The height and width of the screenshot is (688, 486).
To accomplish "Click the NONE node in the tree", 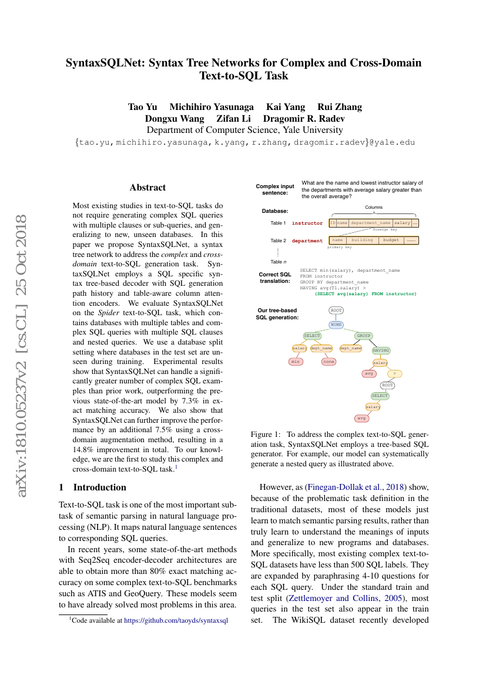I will coord(336,324).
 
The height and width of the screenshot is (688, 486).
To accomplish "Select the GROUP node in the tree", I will coord(363,336).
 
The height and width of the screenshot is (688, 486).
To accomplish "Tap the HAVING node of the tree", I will coord(381,350).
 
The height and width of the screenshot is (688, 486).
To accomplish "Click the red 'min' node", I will coord(296,362).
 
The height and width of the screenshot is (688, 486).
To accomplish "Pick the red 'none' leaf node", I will coord(329,362).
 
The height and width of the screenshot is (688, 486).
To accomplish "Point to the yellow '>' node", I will coord(394,373).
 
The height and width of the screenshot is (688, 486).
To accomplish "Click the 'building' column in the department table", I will coord(362,240).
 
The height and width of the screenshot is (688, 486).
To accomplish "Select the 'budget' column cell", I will coord(391,240).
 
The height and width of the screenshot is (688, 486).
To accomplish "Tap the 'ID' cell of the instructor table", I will coord(333,223).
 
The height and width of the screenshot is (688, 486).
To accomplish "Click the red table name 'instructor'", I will coord(307,223).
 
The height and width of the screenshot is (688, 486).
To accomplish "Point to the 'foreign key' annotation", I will coord(385,230).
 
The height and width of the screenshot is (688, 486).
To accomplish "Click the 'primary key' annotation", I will coord(339,248).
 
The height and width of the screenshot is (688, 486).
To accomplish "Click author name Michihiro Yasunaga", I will coord(212,106).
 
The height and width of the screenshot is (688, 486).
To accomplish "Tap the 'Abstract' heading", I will coord(148,188).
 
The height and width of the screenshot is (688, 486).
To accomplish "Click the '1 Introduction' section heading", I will coord(93,487).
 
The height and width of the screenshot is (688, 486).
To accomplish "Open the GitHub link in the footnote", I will coord(176,620).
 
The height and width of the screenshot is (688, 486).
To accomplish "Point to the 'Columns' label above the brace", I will coord(374,207).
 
